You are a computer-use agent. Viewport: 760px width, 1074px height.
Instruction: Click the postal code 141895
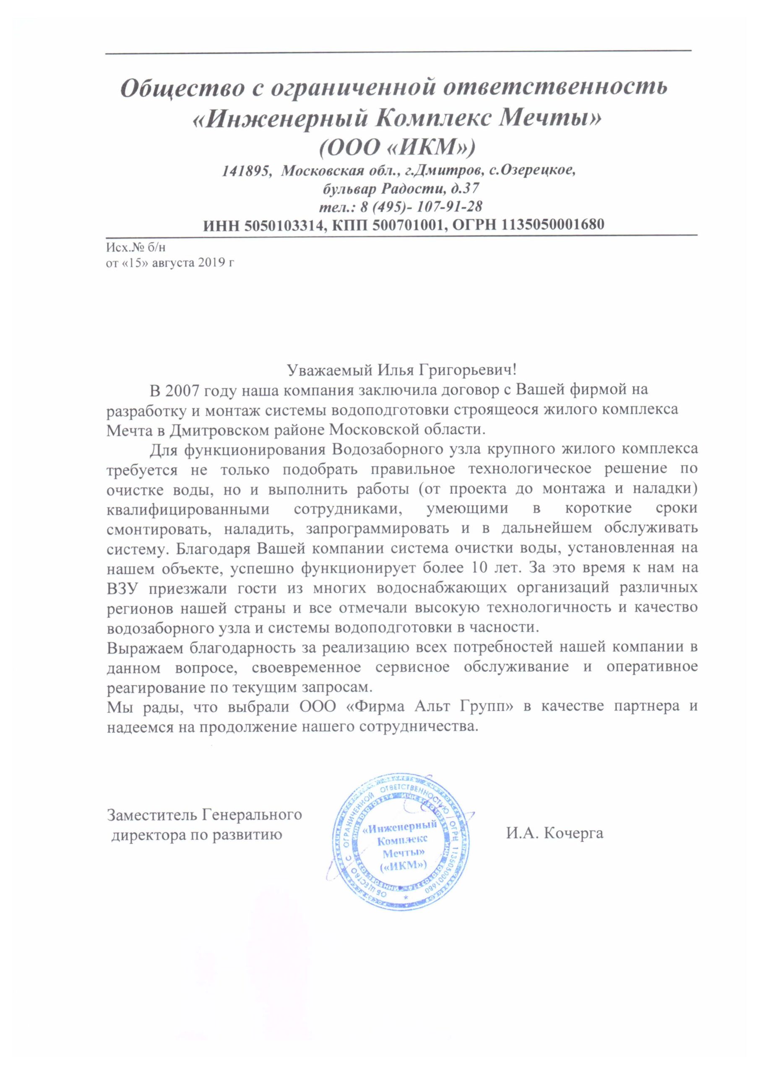tap(246, 170)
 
